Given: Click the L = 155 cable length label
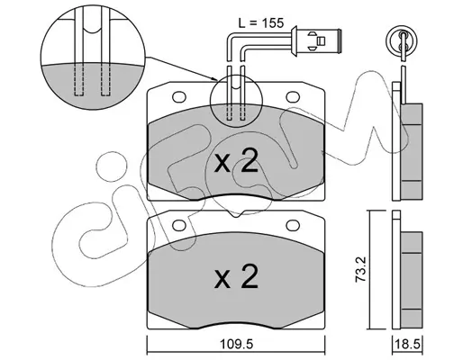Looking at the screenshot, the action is (x=261, y=23).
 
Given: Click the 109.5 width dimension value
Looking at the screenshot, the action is (x=237, y=344).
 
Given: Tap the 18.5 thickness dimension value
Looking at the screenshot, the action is (x=407, y=344).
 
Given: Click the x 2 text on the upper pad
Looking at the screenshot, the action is (x=236, y=161).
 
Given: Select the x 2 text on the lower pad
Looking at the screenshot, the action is (x=236, y=276).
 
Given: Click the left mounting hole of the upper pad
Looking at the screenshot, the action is (x=179, y=96).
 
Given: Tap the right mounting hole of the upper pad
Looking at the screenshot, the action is (x=293, y=96).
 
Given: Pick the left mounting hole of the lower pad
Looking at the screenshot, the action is (x=179, y=225).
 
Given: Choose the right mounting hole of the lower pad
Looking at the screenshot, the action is (x=293, y=225).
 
